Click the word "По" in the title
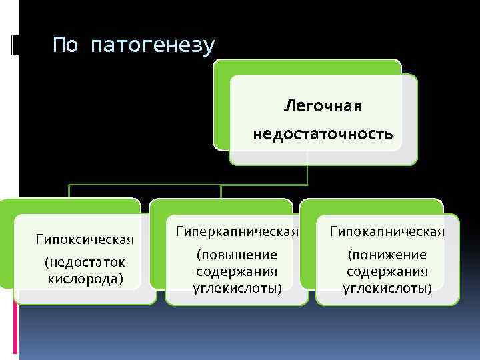point(65,45)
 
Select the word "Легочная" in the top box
point(323,105)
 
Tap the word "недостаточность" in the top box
point(323,135)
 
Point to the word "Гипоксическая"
point(85,239)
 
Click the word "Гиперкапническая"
point(237,231)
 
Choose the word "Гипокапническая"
point(387,231)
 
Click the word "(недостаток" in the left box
point(85,262)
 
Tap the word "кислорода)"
point(85,277)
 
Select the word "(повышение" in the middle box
point(237,255)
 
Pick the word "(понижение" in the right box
point(387,255)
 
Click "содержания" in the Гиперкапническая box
point(237,271)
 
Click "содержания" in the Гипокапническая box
point(387,271)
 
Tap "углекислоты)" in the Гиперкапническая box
point(237,287)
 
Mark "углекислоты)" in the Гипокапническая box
point(387,287)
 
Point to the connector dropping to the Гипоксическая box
point(70,191)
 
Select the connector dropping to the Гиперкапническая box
point(221,191)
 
